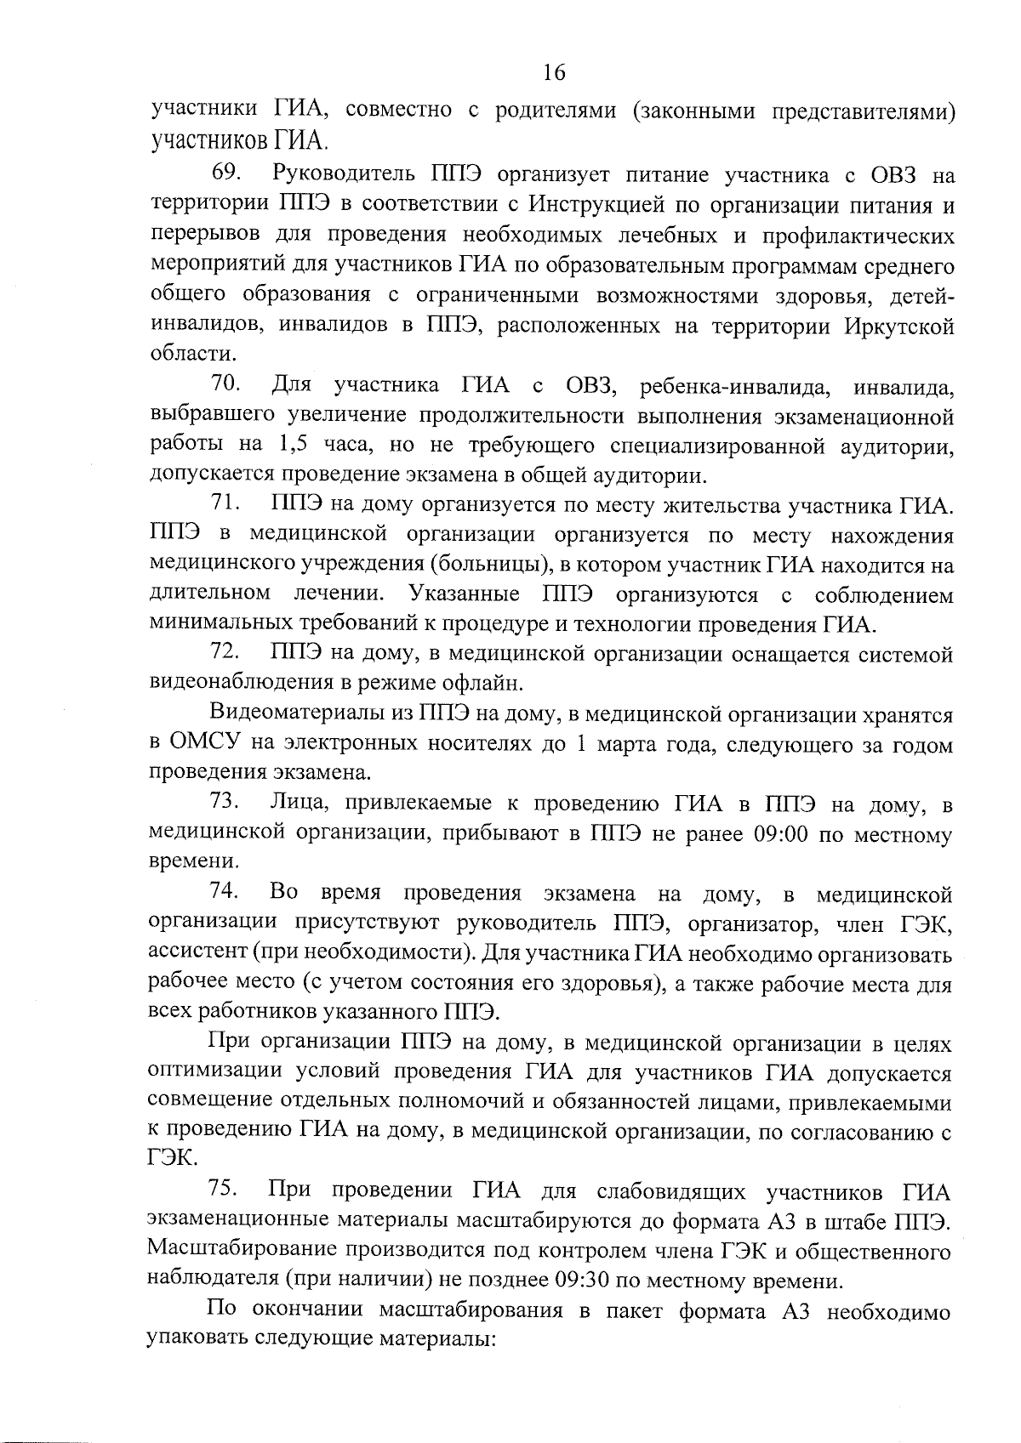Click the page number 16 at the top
click(x=553, y=72)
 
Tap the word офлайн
click(x=483, y=683)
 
